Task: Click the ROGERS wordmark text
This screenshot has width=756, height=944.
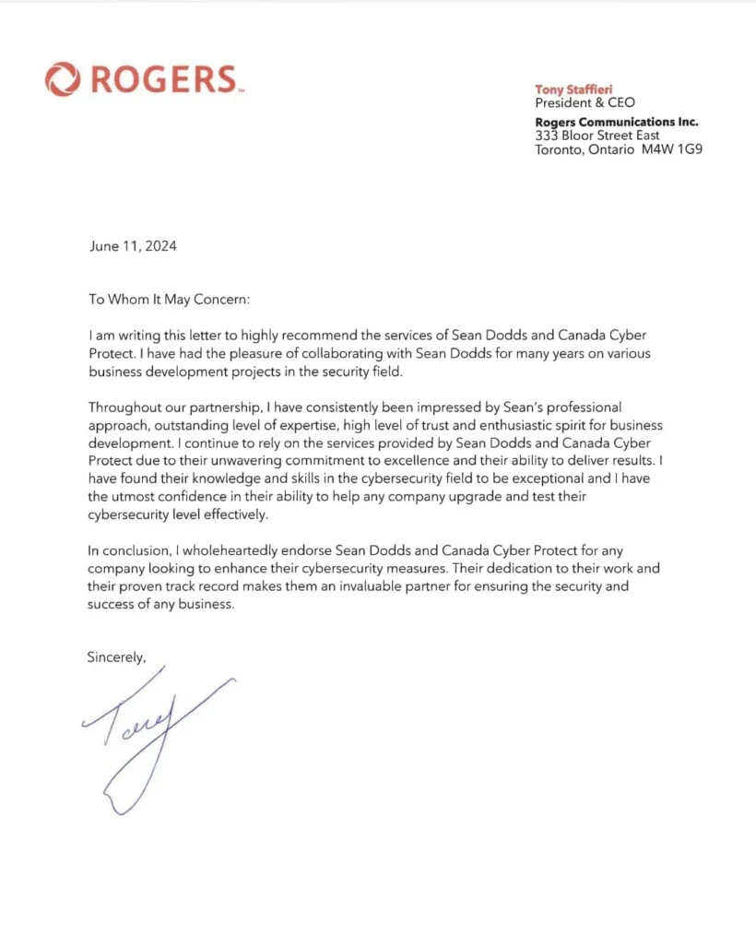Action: (161, 79)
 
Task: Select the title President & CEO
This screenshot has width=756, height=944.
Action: (585, 102)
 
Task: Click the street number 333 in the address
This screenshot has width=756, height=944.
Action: (547, 135)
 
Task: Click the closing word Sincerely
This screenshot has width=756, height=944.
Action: (116, 657)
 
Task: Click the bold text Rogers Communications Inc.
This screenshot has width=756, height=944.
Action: (617, 122)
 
